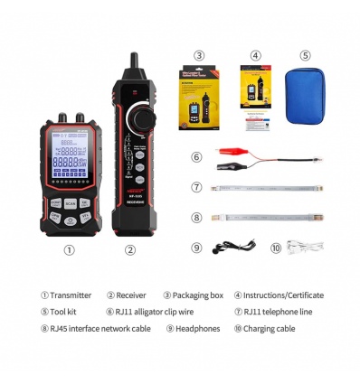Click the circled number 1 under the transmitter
(x=68, y=250)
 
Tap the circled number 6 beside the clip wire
(x=196, y=156)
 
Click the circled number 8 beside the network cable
(x=196, y=217)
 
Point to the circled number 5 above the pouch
(x=305, y=55)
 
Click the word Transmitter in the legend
(x=71, y=295)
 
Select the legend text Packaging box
(x=198, y=295)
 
